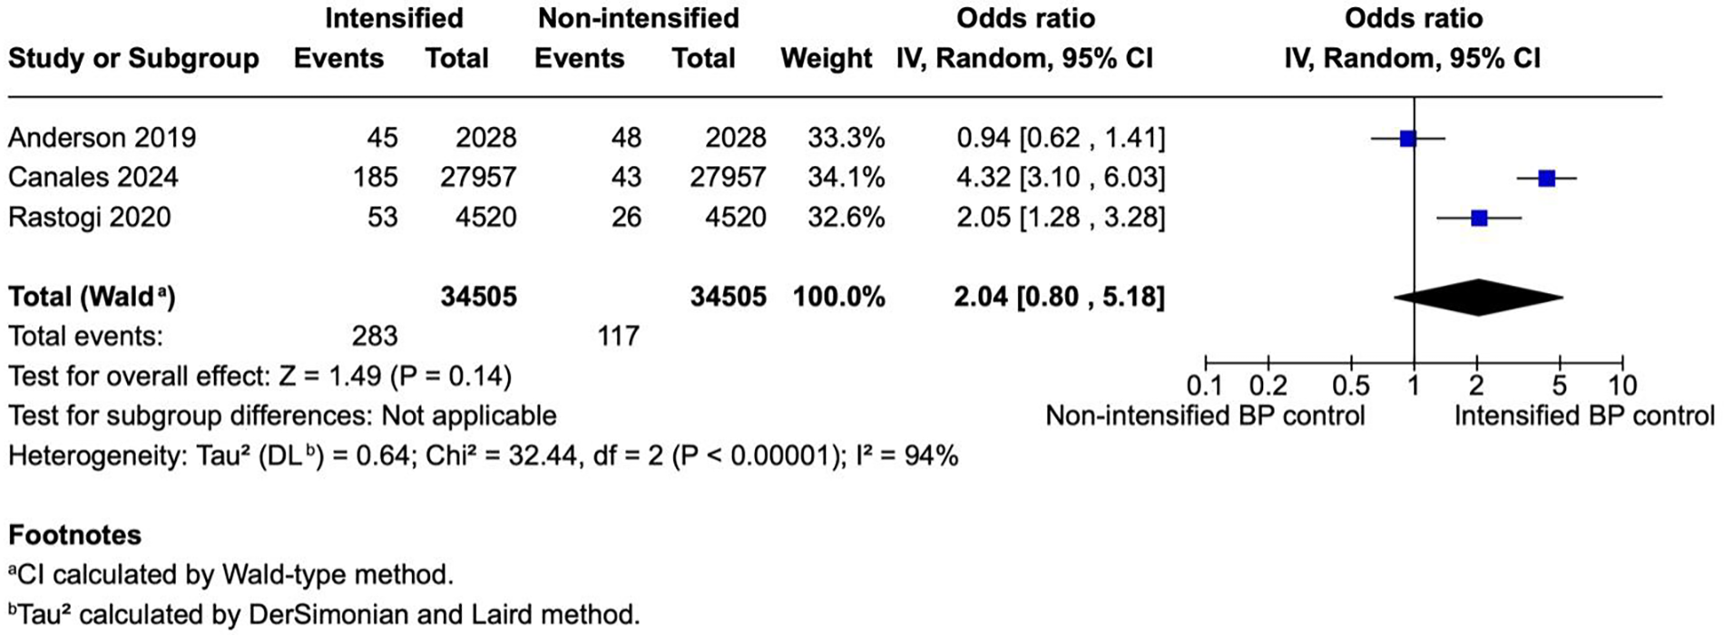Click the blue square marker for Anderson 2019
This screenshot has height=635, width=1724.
pyautogui.click(x=1407, y=139)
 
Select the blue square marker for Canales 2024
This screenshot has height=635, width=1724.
pyautogui.click(x=1547, y=179)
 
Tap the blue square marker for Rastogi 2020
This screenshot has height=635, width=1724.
pyautogui.click(x=1479, y=218)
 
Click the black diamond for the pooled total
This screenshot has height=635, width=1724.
pyautogui.click(x=1478, y=298)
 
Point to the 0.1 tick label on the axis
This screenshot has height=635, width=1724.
pyautogui.click(x=1204, y=386)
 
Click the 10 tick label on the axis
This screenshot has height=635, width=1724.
pyautogui.click(x=1622, y=386)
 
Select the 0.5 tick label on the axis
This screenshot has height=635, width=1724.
pyautogui.click(x=1351, y=386)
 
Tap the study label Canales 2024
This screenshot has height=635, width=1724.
pyautogui.click(x=93, y=177)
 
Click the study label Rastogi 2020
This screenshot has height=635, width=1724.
pyautogui.click(x=90, y=217)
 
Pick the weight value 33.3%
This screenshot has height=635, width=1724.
pyautogui.click(x=846, y=138)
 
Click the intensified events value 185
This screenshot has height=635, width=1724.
pyautogui.click(x=375, y=177)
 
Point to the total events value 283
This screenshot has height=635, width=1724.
pyautogui.click(x=375, y=337)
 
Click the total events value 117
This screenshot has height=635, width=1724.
pyautogui.click(x=618, y=337)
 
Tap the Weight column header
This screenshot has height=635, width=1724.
pyautogui.click(x=826, y=59)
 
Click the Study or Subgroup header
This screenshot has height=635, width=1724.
pyautogui.click(x=133, y=59)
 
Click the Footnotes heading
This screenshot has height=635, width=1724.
pyautogui.click(x=74, y=535)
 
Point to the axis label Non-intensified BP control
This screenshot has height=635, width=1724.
pyautogui.click(x=1205, y=416)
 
